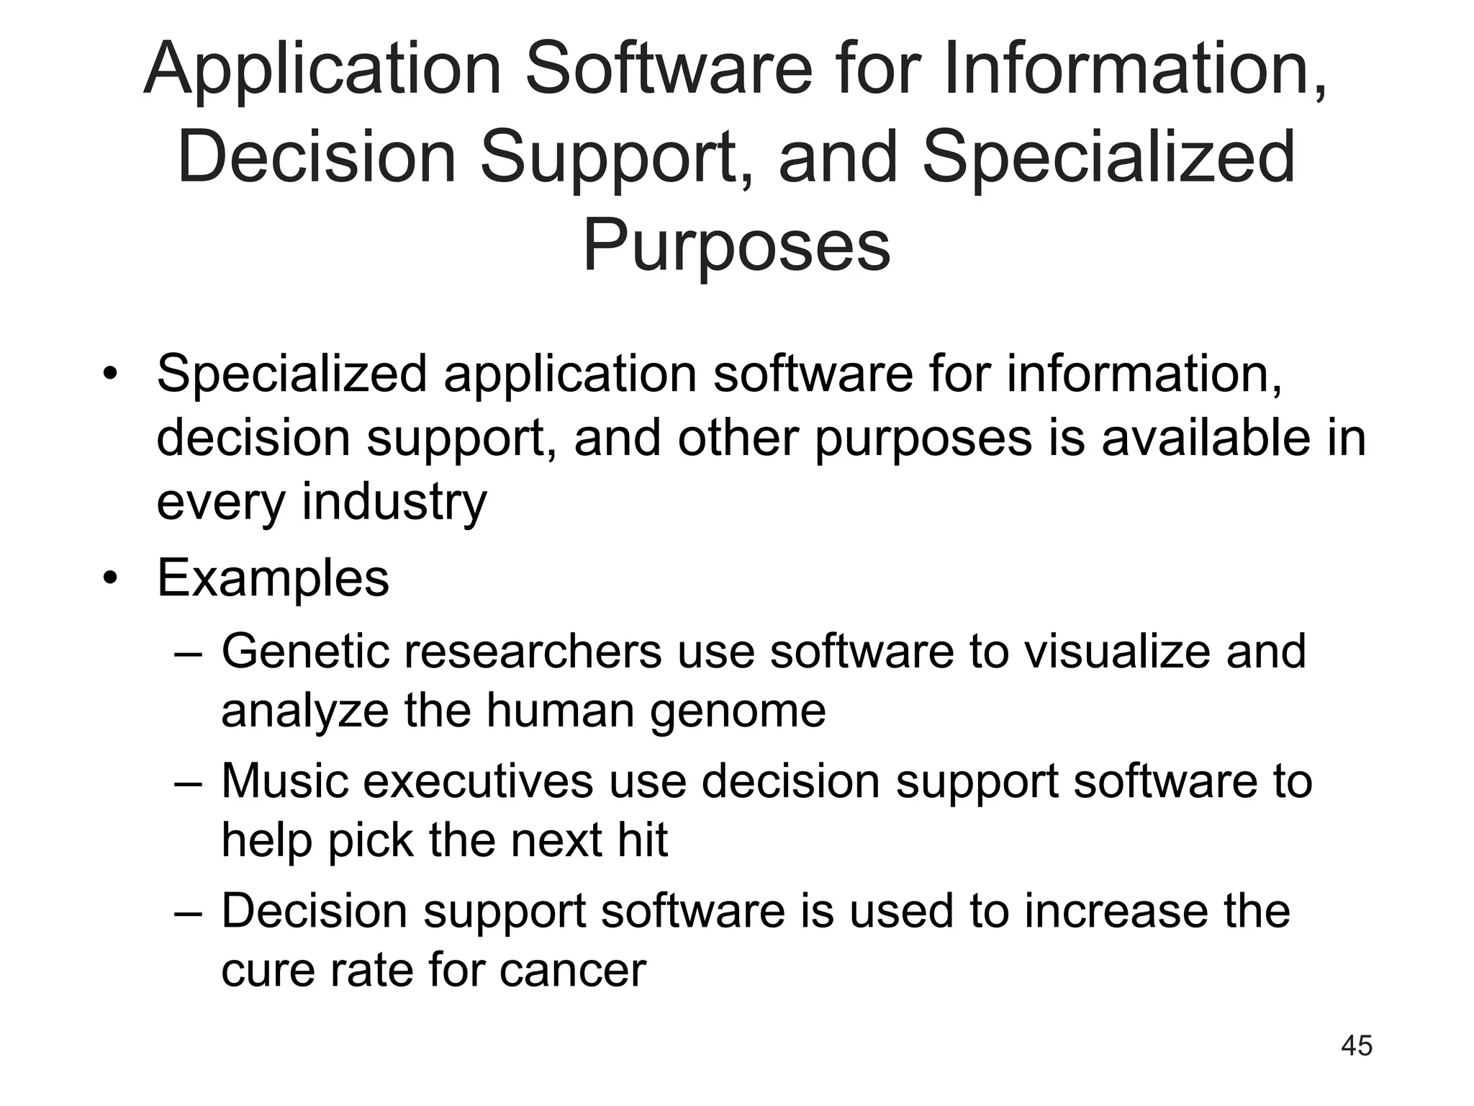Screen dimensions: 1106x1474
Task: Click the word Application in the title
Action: coord(322,70)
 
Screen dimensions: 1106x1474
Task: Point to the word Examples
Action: coord(273,578)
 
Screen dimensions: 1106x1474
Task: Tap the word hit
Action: coord(641,840)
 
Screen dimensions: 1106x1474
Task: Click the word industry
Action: coord(394,502)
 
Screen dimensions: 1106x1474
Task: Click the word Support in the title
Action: coord(614,158)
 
